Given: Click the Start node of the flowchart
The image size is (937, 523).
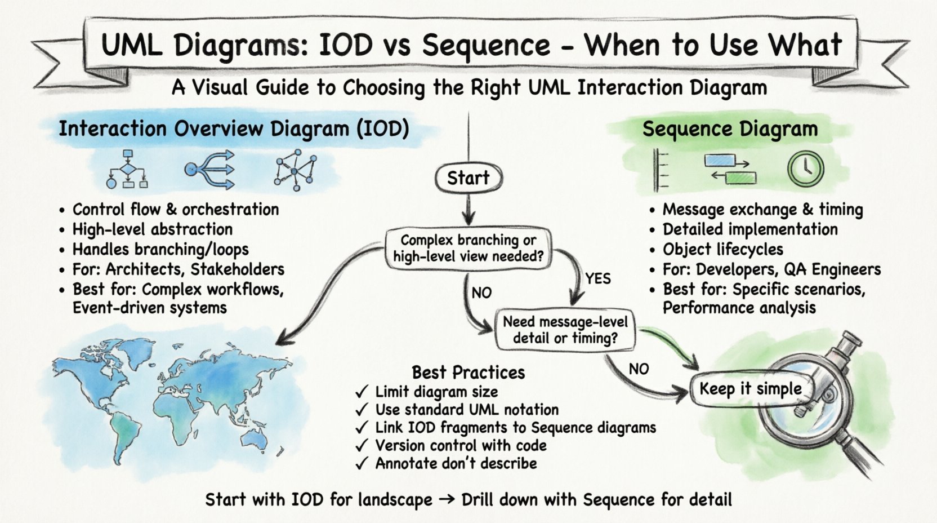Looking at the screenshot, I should (468, 178).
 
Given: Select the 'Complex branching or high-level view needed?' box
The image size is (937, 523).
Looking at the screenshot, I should (468, 249).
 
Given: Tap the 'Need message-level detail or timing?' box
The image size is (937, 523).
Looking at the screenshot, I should (565, 330).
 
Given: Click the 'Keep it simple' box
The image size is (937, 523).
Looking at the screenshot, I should (750, 389).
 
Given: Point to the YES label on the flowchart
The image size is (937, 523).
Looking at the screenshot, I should (597, 278).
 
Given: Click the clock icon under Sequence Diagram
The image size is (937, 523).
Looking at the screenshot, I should (805, 169).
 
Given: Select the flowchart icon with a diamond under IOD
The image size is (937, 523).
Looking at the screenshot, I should (127, 169).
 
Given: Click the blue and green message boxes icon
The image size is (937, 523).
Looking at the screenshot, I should (730, 169).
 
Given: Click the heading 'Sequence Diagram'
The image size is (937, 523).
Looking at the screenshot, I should (730, 129).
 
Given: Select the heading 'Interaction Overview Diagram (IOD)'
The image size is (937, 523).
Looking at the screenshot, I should (234, 129).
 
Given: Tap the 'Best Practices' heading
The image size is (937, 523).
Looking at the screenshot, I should (468, 373).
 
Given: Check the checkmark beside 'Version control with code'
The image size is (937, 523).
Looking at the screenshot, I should (362, 446).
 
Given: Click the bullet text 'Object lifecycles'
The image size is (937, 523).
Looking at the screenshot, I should (722, 250).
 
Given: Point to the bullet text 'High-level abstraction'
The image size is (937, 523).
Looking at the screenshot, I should (152, 229).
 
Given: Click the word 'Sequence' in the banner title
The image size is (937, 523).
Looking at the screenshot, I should (485, 45).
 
